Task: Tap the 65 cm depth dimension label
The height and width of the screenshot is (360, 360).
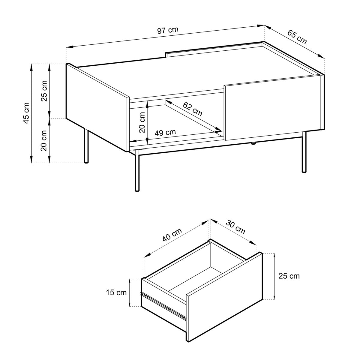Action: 297,37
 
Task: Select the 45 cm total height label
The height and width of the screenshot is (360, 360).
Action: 26,113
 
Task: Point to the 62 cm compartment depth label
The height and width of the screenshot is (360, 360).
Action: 192,109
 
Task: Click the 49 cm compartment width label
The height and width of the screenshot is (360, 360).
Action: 165,132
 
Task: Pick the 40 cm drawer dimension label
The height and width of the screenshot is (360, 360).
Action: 172,235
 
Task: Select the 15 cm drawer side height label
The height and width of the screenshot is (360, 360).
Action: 116,292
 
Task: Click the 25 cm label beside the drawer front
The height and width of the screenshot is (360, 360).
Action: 289,276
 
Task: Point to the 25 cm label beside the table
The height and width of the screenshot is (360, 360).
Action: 44,91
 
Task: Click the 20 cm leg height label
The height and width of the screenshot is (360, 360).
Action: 44,140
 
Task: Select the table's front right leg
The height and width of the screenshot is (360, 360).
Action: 304,151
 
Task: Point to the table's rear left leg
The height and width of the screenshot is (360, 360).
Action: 86,146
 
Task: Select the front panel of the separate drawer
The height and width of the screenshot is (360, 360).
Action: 224,299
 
